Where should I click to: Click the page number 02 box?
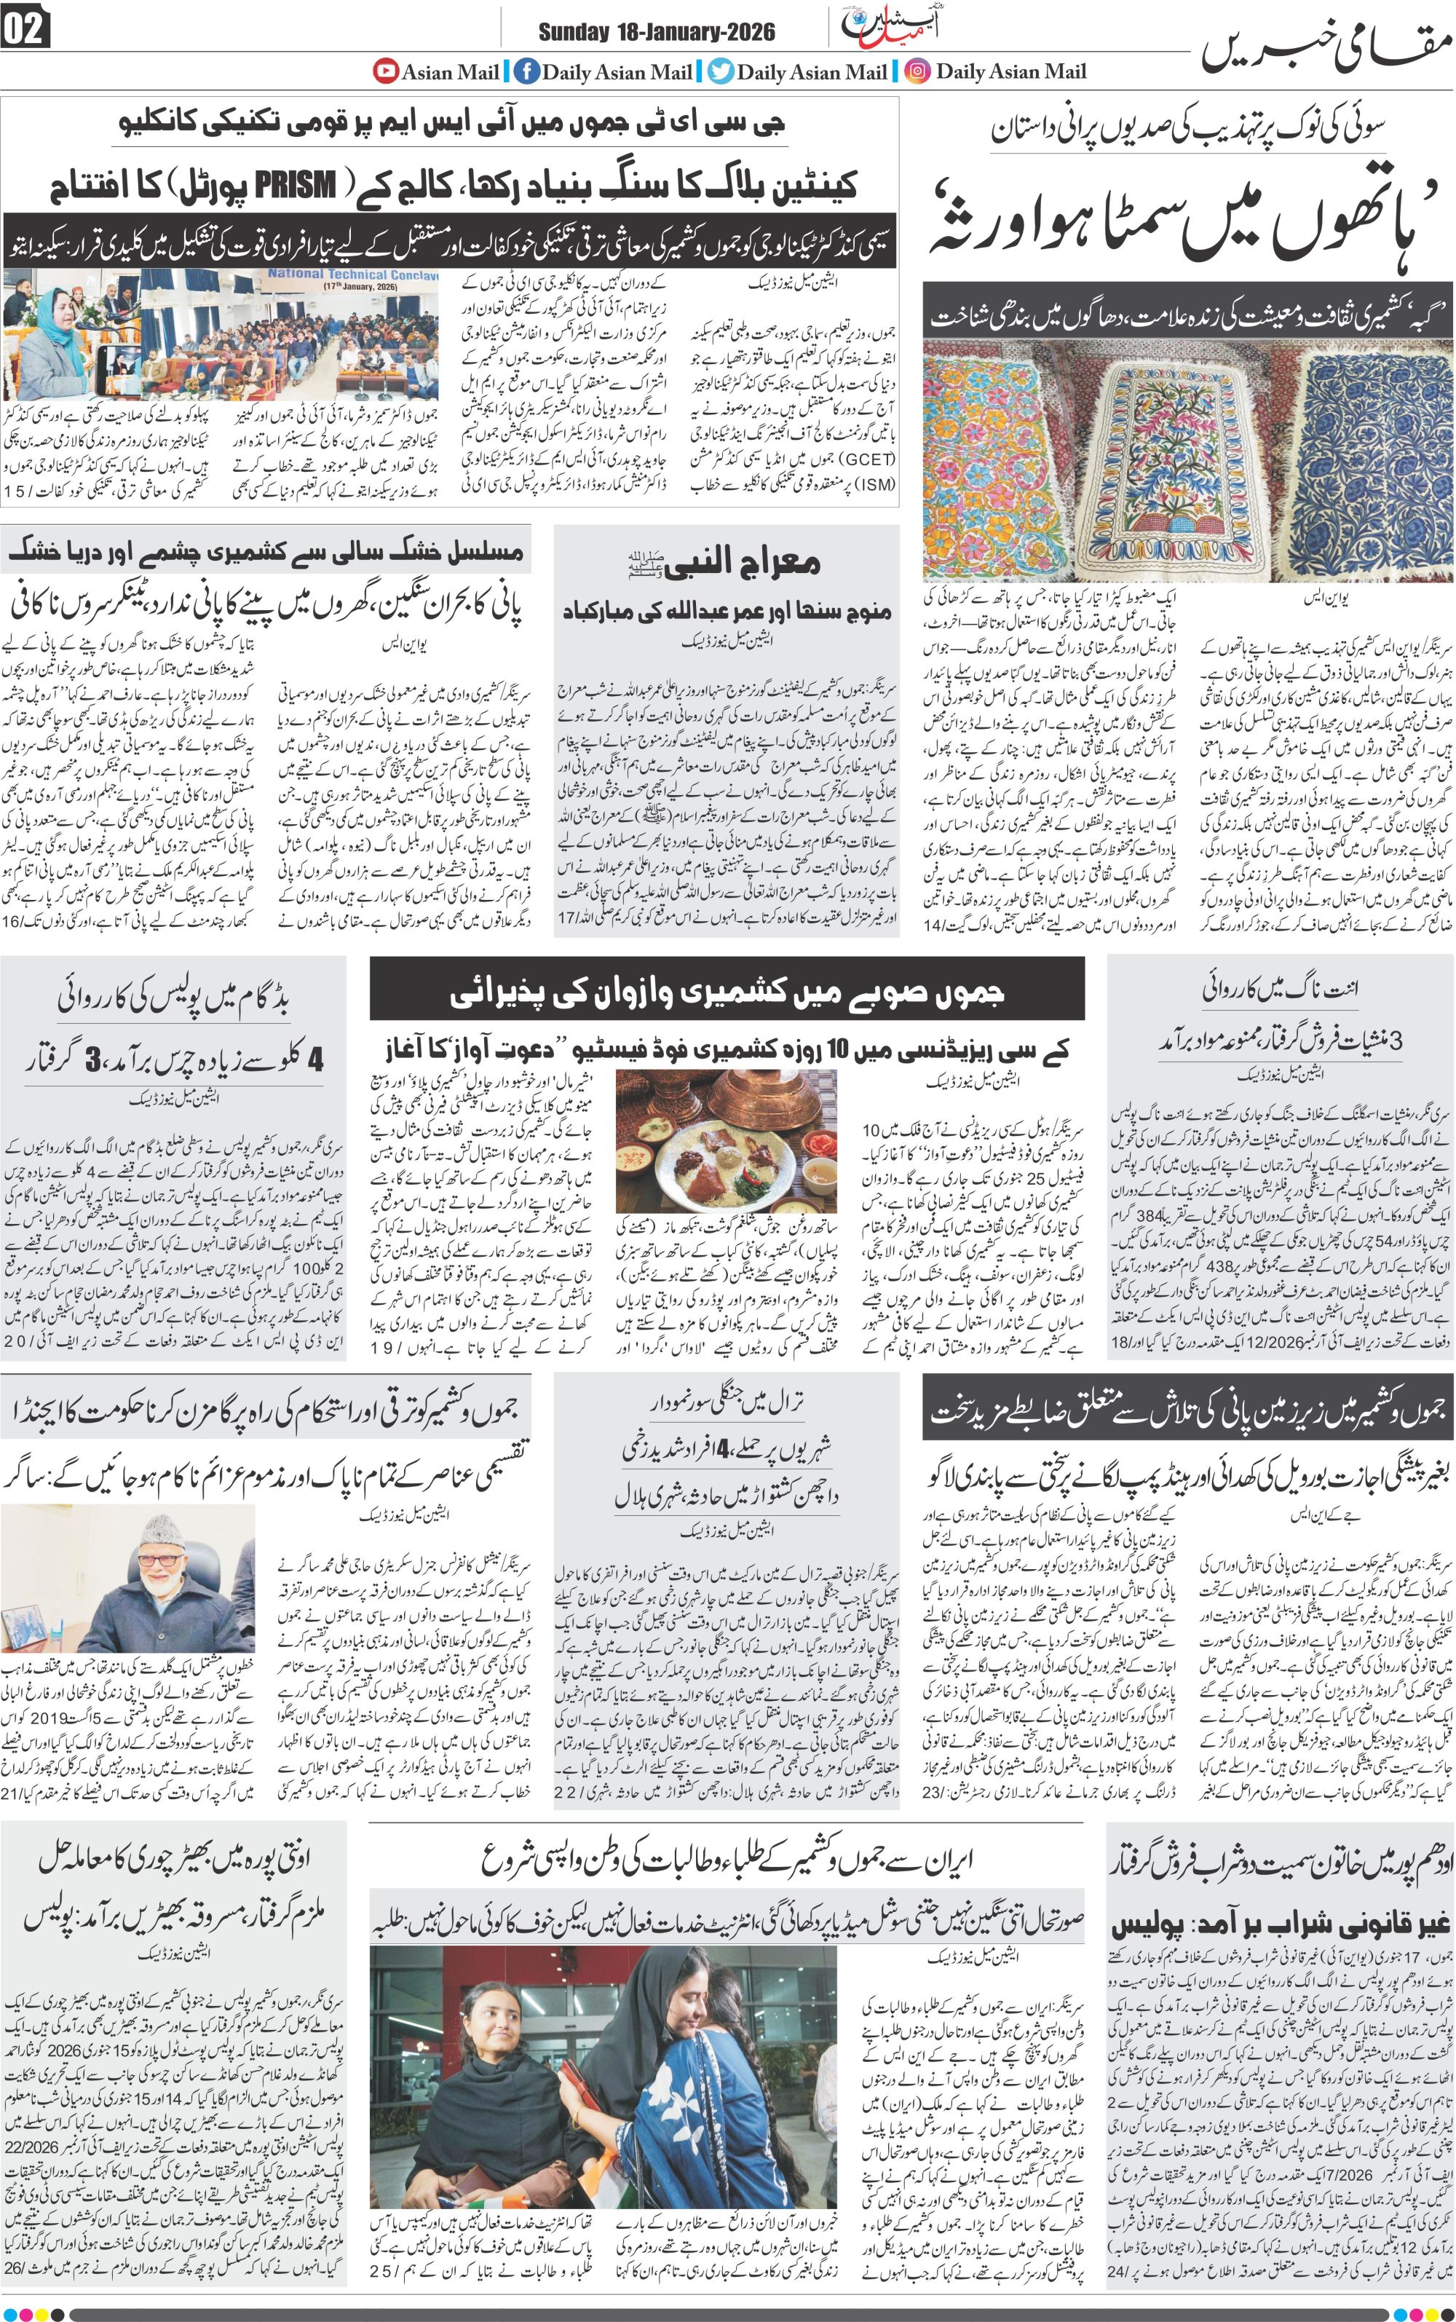tap(25, 29)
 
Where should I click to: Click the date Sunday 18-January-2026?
tap(656, 33)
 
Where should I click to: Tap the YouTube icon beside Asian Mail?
tap(386, 71)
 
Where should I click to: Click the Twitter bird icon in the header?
tap(720, 71)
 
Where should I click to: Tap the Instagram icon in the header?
tap(918, 71)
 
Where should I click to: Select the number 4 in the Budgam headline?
tap(315, 1059)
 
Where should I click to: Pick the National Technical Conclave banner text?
tap(352, 275)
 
